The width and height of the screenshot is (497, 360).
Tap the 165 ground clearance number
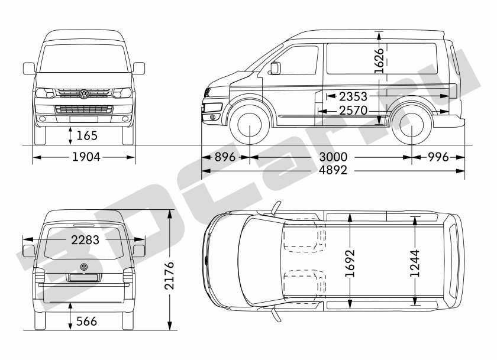coord(86,135)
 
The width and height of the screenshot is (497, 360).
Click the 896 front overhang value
coord(225,157)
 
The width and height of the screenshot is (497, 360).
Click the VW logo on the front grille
coord(83,94)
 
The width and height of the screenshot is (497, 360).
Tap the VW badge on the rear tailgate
coord(83,267)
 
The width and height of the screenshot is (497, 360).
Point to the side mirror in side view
coord(274,68)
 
